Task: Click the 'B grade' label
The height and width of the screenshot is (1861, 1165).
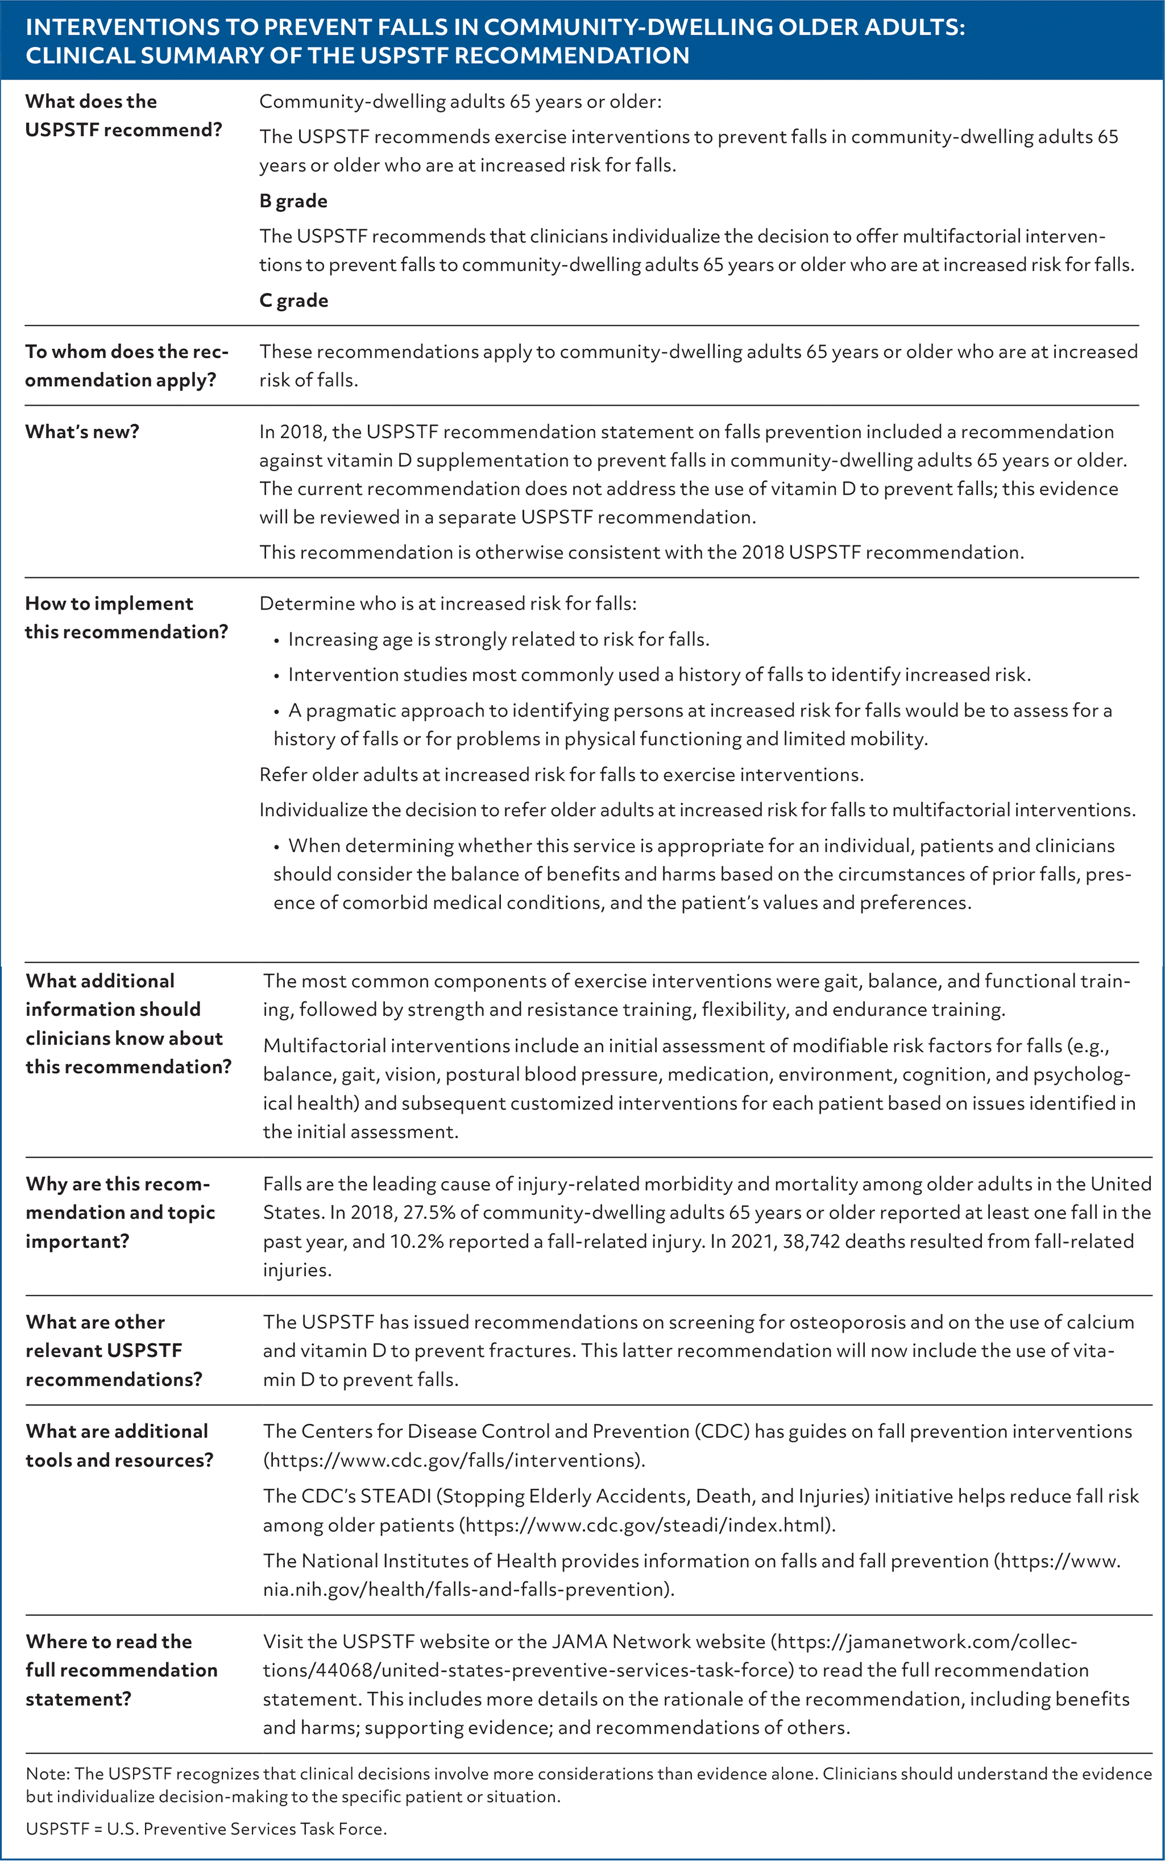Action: tap(293, 201)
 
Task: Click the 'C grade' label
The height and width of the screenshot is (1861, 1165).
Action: tap(293, 300)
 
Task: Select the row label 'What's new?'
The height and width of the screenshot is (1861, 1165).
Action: tap(82, 432)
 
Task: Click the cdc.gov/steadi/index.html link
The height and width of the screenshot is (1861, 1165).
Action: tap(647, 1525)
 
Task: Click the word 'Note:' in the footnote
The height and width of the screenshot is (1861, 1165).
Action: tap(48, 1773)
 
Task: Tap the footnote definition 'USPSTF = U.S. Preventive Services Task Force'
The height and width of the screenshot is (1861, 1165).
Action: tap(206, 1829)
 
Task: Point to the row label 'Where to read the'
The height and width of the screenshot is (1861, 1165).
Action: tap(109, 1642)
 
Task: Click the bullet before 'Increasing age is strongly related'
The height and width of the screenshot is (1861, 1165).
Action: tap(277, 640)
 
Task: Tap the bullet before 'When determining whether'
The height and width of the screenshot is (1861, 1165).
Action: tap(277, 847)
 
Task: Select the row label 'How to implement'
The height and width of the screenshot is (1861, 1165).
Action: tap(109, 603)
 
